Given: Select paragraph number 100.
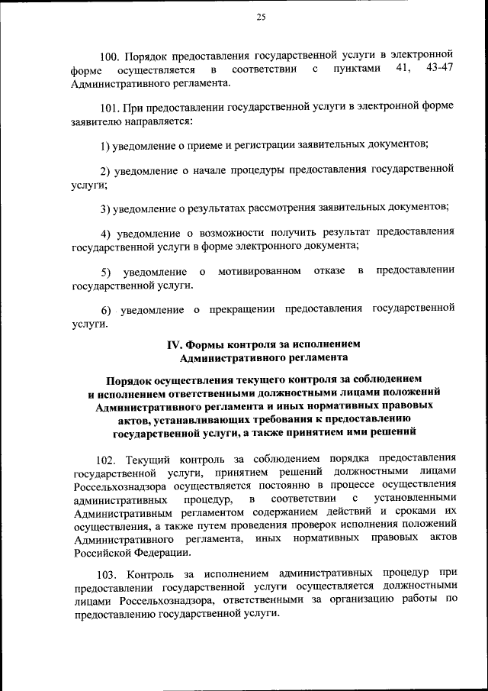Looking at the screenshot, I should point(111,56).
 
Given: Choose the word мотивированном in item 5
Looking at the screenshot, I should point(258,271).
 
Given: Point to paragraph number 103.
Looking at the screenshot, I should point(108,573).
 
